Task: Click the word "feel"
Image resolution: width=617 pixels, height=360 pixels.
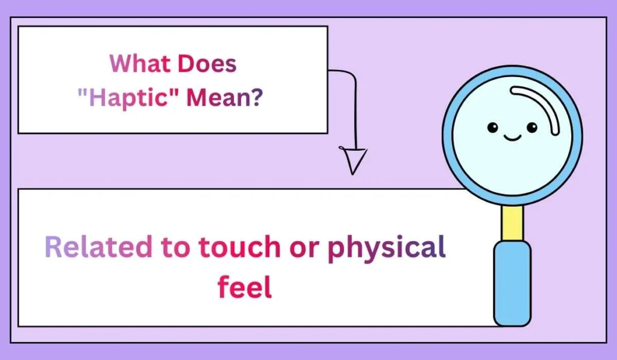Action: (245, 287)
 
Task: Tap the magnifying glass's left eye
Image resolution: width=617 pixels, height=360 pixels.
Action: (492, 127)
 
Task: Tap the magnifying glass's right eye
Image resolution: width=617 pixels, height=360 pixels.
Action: (531, 127)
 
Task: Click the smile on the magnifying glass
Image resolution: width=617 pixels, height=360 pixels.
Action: (512, 137)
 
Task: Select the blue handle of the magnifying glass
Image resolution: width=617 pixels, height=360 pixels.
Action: (512, 283)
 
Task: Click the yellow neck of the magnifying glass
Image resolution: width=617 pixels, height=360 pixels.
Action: (512, 221)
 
